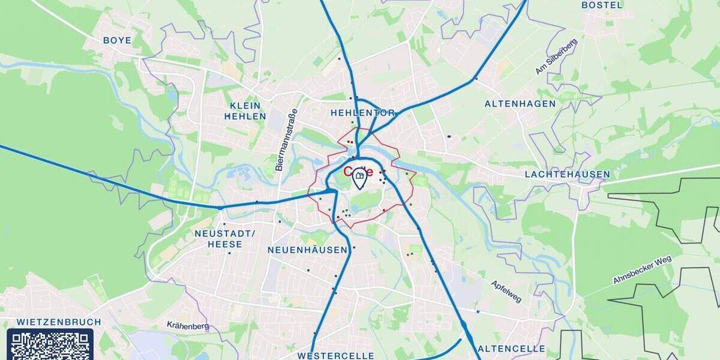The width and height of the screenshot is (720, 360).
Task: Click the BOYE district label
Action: click(117, 40)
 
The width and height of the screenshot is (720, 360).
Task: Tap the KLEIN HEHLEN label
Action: click(245, 111)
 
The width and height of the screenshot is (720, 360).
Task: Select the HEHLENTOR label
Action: click(363, 113)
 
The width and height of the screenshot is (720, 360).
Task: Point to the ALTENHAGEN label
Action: click(520, 104)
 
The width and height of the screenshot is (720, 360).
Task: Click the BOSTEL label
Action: click(602, 5)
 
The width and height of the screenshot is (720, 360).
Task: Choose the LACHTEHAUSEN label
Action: click(567, 175)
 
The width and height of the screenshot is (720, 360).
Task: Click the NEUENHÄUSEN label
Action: click(307, 250)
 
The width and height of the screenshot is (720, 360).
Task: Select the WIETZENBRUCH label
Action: click(59, 322)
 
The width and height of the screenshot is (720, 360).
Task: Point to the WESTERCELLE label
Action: click(336, 355)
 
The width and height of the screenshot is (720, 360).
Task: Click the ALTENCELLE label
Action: click(511, 349)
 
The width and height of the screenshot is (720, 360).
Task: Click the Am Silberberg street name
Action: click(556, 57)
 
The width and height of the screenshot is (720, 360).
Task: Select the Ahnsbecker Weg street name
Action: click(642, 270)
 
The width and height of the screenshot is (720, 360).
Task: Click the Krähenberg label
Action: click(188, 326)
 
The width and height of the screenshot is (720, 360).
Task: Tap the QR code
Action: click(50, 345)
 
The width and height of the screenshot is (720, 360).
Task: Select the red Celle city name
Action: click(358, 172)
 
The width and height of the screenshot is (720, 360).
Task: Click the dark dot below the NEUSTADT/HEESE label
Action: click(229, 253)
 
